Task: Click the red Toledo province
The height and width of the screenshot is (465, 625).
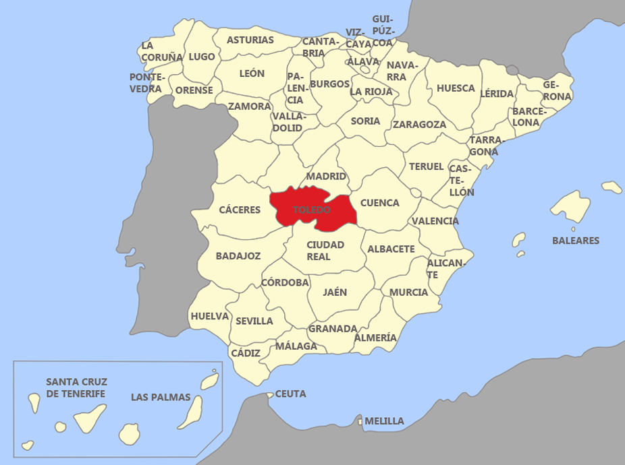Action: point(312,210)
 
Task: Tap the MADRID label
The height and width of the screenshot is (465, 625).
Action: point(326,177)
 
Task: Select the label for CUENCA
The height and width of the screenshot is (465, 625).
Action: point(379,202)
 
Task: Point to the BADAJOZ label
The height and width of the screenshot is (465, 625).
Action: point(238,256)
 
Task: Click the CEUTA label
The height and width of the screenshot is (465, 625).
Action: point(291,394)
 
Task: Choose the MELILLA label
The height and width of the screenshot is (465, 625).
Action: point(384,421)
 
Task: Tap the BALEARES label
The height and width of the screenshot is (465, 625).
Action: point(576,241)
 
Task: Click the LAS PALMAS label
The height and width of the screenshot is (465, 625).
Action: point(161,397)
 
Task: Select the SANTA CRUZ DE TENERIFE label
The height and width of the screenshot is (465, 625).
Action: point(76,387)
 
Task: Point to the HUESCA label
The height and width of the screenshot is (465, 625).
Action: point(456,88)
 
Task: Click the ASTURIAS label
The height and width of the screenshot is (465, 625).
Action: point(250,40)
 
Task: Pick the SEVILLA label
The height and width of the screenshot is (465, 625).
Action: point(254,321)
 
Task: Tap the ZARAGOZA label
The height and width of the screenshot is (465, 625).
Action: point(419,125)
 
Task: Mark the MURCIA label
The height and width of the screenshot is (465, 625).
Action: point(408,292)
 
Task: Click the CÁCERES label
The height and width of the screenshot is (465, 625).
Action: point(240,210)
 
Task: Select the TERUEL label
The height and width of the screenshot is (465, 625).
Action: point(427,166)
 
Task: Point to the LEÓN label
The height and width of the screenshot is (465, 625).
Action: point(252,73)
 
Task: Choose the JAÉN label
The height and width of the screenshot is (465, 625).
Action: point(335,292)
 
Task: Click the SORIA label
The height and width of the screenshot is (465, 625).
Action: point(366,121)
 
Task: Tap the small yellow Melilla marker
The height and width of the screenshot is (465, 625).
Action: point(360,422)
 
